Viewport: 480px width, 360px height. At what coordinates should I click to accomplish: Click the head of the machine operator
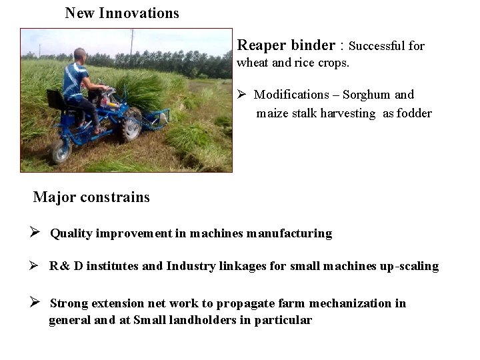click(80, 55)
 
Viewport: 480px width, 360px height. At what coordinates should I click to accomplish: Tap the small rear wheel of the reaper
click(61, 151)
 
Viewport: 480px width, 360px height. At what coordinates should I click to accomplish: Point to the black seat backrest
click(55, 101)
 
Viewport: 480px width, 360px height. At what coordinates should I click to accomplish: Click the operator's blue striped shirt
click(75, 79)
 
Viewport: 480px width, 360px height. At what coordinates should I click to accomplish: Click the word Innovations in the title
click(139, 13)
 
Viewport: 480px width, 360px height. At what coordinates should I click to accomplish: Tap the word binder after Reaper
click(313, 45)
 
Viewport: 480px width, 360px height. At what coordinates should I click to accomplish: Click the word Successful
click(378, 46)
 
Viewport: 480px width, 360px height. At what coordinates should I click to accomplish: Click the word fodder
click(414, 113)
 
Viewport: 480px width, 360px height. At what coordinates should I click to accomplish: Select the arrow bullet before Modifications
click(243, 95)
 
